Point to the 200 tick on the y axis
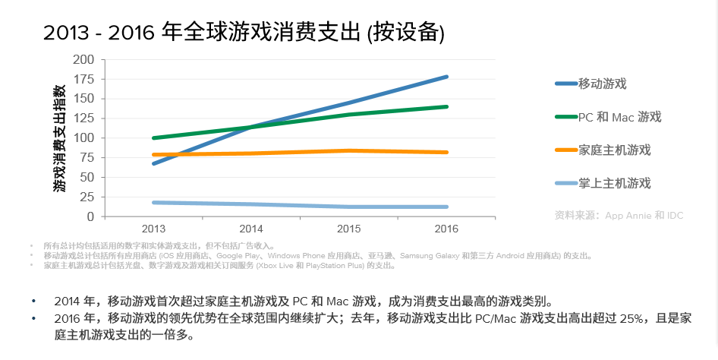pos(83,59)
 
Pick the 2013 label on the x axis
pos(153,229)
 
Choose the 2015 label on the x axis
pos(348,229)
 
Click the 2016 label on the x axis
pos(446,229)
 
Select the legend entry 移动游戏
pos(602,84)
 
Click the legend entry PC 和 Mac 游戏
pos(619,117)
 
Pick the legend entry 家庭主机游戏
pos(614,150)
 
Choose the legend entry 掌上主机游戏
pos(614,183)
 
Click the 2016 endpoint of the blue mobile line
pos(446,77)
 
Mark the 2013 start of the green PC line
pos(154,138)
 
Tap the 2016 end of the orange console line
pos(446,153)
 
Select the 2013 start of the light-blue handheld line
pos(154,203)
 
